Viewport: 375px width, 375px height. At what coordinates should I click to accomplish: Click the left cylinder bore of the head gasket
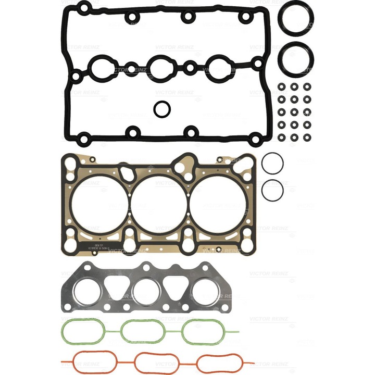99,204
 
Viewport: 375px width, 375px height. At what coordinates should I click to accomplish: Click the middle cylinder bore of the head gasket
158,204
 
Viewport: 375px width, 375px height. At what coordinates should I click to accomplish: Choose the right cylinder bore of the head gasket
217,204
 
